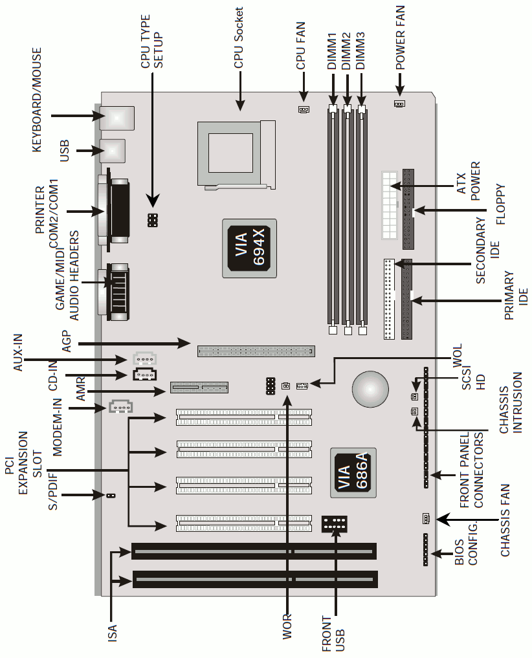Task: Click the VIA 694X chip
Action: (249, 248)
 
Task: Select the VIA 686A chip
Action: (353, 473)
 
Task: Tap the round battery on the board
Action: (370, 389)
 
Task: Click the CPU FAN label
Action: (301, 46)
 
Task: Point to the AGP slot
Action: (256, 351)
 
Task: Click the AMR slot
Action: (199, 388)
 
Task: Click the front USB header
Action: (334, 524)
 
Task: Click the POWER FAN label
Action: (400, 38)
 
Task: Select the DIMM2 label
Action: (347, 51)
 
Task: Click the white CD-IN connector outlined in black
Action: (144, 375)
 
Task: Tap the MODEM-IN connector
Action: (121, 406)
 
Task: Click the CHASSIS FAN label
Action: (505, 520)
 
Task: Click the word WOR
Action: (287, 627)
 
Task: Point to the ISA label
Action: (113, 633)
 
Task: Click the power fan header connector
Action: (399, 104)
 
